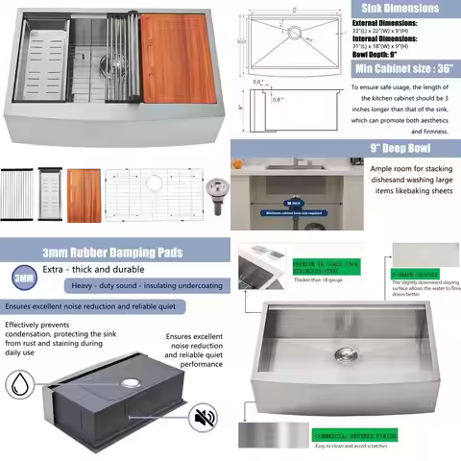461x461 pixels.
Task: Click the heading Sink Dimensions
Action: pos(387,8)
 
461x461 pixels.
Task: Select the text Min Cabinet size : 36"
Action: pos(403,69)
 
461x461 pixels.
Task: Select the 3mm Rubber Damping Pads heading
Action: pos(115,253)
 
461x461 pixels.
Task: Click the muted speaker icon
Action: pos(204,417)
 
